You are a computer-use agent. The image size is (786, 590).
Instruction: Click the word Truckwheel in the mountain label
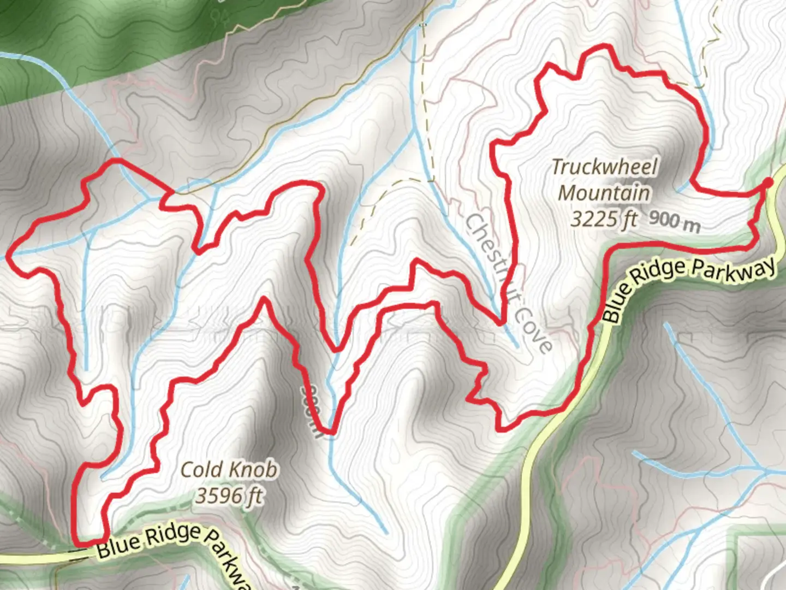click(605, 167)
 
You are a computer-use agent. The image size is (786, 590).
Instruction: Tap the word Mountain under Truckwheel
click(604, 193)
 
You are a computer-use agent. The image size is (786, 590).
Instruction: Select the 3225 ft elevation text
click(604, 219)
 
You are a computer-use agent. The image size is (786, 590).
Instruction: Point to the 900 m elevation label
click(674, 221)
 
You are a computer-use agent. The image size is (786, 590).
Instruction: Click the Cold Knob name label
click(229, 469)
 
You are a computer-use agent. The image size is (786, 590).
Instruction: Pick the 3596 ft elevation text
click(229, 496)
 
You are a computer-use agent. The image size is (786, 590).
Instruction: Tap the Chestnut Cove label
click(508, 283)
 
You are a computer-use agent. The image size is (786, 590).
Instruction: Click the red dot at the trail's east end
click(768, 183)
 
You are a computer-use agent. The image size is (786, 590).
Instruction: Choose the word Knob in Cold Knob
click(253, 469)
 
